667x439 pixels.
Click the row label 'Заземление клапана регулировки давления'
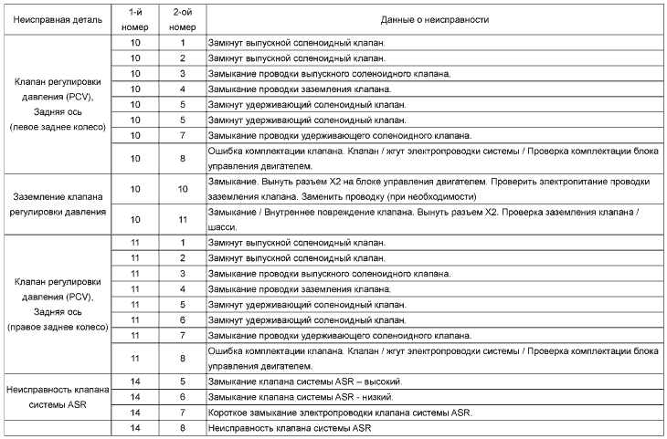pyautogui.click(x=56, y=204)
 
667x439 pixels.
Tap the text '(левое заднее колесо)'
pyautogui.click(x=56, y=127)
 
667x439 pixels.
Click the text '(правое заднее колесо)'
pyautogui.click(x=56, y=326)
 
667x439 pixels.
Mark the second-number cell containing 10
pyautogui.click(x=183, y=188)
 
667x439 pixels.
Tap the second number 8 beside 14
pyautogui.click(x=183, y=428)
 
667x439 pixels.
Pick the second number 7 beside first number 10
pyautogui.click(x=183, y=135)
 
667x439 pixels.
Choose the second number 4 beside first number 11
pyautogui.click(x=183, y=288)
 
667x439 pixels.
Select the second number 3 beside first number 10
pyautogui.click(x=183, y=73)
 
